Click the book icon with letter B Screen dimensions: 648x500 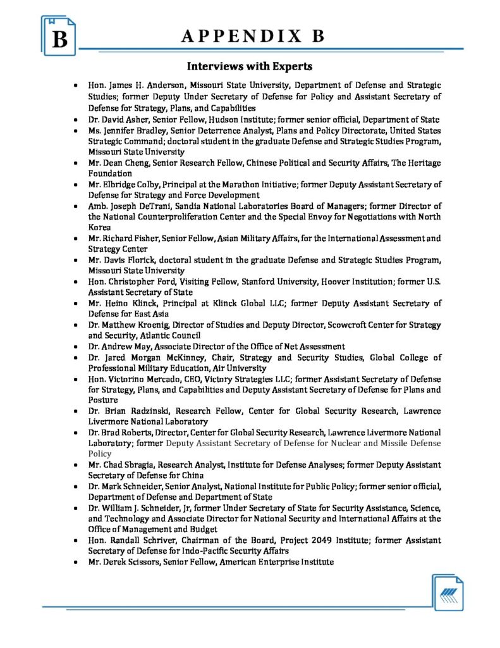pos(59,36)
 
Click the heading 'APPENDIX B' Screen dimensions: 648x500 pos(253,36)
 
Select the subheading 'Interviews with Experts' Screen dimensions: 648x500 pos(250,66)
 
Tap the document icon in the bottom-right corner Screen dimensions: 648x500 pos(449,592)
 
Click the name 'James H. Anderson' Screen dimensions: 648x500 pos(143,85)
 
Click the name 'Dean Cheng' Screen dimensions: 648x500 pos(122,163)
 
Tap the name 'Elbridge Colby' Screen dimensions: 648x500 pos(129,184)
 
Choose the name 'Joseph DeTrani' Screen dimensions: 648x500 pos(138,206)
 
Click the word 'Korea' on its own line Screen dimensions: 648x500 pos(99,226)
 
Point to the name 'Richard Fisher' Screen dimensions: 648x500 pos(130,239)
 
